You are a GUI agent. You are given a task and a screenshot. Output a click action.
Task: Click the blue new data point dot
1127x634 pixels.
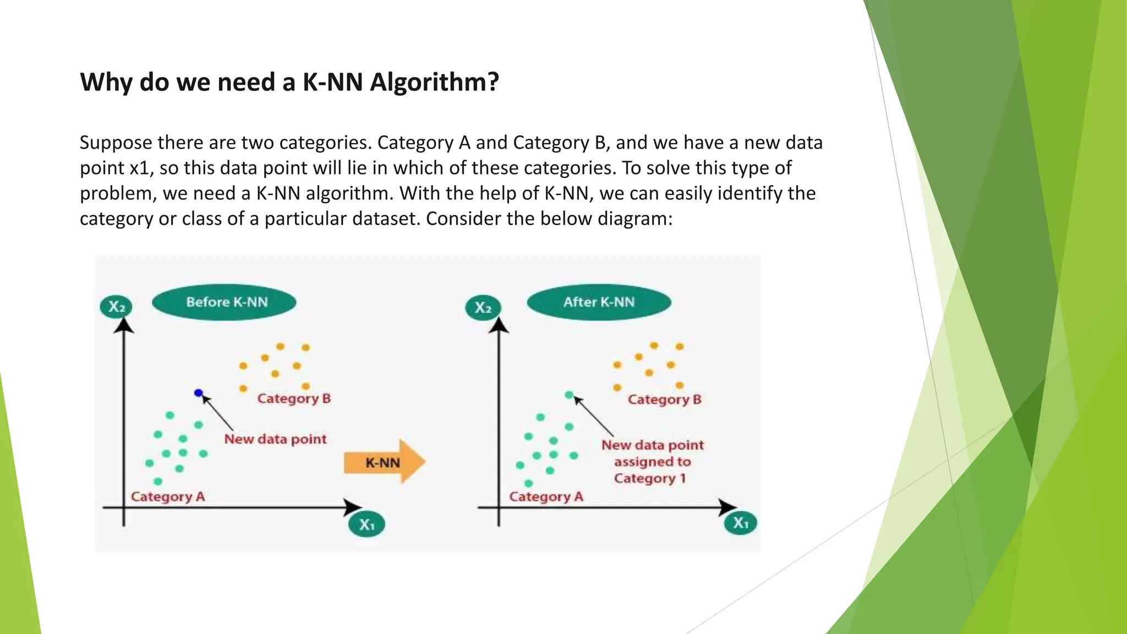[199, 393]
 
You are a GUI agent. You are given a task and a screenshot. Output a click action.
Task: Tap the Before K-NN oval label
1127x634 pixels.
[224, 302]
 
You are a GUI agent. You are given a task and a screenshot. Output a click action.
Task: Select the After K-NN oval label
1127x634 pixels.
[599, 302]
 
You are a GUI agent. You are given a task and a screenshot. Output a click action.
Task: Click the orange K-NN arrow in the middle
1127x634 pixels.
[384, 462]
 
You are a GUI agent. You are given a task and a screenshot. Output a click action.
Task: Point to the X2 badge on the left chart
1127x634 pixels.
[116, 307]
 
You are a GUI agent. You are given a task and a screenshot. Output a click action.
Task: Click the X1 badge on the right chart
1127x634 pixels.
[741, 523]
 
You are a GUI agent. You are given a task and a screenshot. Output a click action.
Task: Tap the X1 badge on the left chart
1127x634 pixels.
[366, 524]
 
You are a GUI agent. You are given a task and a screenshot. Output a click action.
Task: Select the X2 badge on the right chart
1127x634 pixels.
[483, 307]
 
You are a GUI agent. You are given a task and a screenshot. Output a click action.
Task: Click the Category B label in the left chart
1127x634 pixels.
[294, 398]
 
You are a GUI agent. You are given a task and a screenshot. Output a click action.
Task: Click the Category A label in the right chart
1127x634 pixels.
[546, 496]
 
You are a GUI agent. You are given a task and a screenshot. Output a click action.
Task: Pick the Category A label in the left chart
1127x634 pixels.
[168, 496]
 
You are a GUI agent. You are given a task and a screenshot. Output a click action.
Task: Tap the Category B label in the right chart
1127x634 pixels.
[664, 400]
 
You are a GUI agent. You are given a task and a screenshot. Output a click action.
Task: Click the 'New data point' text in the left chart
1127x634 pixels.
[275, 439]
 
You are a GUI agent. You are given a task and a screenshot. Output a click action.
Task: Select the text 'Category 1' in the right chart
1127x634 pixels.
[650, 478]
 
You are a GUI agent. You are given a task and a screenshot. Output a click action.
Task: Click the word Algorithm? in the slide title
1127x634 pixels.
[434, 83]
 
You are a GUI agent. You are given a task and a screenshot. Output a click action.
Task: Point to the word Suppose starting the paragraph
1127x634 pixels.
[116, 143]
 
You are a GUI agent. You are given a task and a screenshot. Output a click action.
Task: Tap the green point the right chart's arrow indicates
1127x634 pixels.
[569, 395]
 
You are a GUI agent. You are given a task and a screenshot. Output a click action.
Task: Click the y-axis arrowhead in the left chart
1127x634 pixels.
[124, 325]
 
